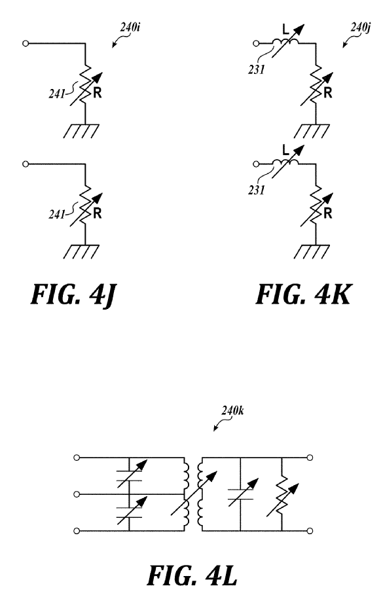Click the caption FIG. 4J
click(73, 295)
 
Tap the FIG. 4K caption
click(303, 295)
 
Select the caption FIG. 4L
click(192, 575)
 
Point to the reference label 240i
click(130, 27)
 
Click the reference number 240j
click(360, 27)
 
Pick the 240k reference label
click(232, 411)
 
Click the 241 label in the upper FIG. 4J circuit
click(57, 94)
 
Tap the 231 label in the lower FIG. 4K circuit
click(256, 190)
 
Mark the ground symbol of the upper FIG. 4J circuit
click(81, 131)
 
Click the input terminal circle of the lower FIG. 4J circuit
click(26, 164)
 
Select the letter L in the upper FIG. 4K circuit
click(285, 29)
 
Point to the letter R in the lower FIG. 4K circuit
click(328, 213)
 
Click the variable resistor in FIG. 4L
click(282, 499)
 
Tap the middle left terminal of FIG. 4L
click(77, 494)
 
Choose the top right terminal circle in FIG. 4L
click(310, 458)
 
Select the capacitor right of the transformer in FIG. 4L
click(241, 494)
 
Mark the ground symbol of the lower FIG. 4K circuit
click(312, 251)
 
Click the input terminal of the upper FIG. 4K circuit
click(256, 44)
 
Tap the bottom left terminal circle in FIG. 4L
click(77, 531)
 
